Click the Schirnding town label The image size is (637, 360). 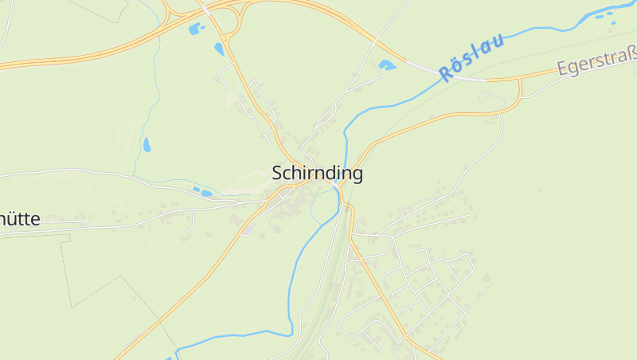[317, 173]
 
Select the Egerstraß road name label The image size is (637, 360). [597, 61]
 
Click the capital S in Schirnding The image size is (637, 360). [278, 173]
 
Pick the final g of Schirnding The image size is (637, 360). [358, 174]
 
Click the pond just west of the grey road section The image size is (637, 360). [387, 65]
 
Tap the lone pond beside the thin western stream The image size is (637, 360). [147, 145]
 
